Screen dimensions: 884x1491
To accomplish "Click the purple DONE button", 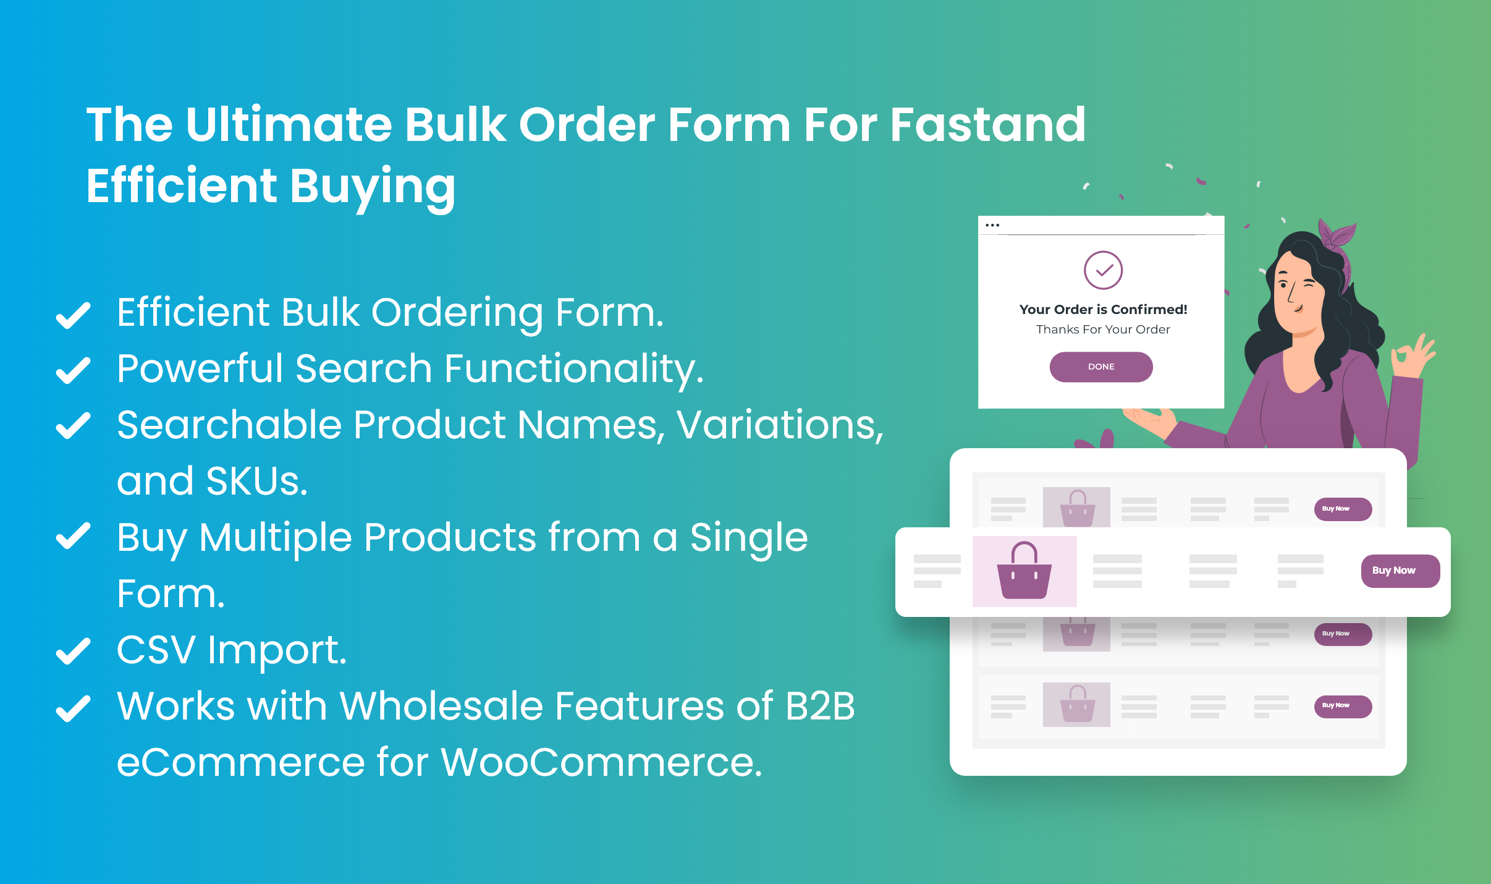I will pyautogui.click(x=1100, y=367).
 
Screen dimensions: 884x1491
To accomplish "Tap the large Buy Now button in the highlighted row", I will pyautogui.click(x=1400, y=571).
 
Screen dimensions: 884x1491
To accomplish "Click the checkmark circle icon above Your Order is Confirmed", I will pyautogui.click(x=1103, y=270).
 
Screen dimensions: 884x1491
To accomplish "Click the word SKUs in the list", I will pyautogui.click(x=256, y=481).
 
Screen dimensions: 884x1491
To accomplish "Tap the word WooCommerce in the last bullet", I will pyautogui.click(x=601, y=762).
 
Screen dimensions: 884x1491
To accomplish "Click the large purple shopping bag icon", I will pyautogui.click(x=1024, y=571).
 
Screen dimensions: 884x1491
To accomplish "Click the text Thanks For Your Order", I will pyautogui.click(x=1103, y=329).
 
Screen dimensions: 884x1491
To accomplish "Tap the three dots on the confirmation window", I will pyautogui.click(x=992, y=225).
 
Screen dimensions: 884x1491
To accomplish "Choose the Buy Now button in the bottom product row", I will pyautogui.click(x=1343, y=706).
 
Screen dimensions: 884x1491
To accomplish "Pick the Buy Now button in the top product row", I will pyautogui.click(x=1343, y=509).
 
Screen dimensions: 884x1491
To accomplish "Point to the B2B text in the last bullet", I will pyautogui.click(x=820, y=706).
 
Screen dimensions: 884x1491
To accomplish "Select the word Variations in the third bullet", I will pyautogui.click(x=779, y=425).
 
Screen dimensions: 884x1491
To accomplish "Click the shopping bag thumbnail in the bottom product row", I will pyautogui.click(x=1076, y=705).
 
